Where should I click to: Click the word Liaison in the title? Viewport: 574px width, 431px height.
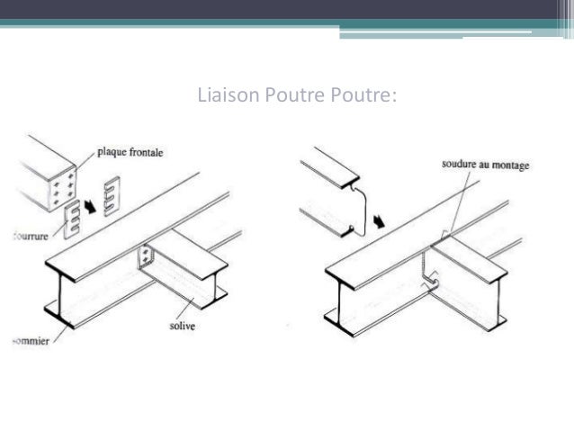pyautogui.click(x=225, y=93)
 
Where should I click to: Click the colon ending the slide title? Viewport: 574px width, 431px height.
pyautogui.click(x=392, y=93)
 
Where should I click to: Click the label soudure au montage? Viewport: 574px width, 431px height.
pyautogui.click(x=486, y=165)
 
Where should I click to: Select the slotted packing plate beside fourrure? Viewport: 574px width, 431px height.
pyautogui.click(x=73, y=220)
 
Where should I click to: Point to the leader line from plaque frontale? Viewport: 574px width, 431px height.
pyautogui.click(x=85, y=163)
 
